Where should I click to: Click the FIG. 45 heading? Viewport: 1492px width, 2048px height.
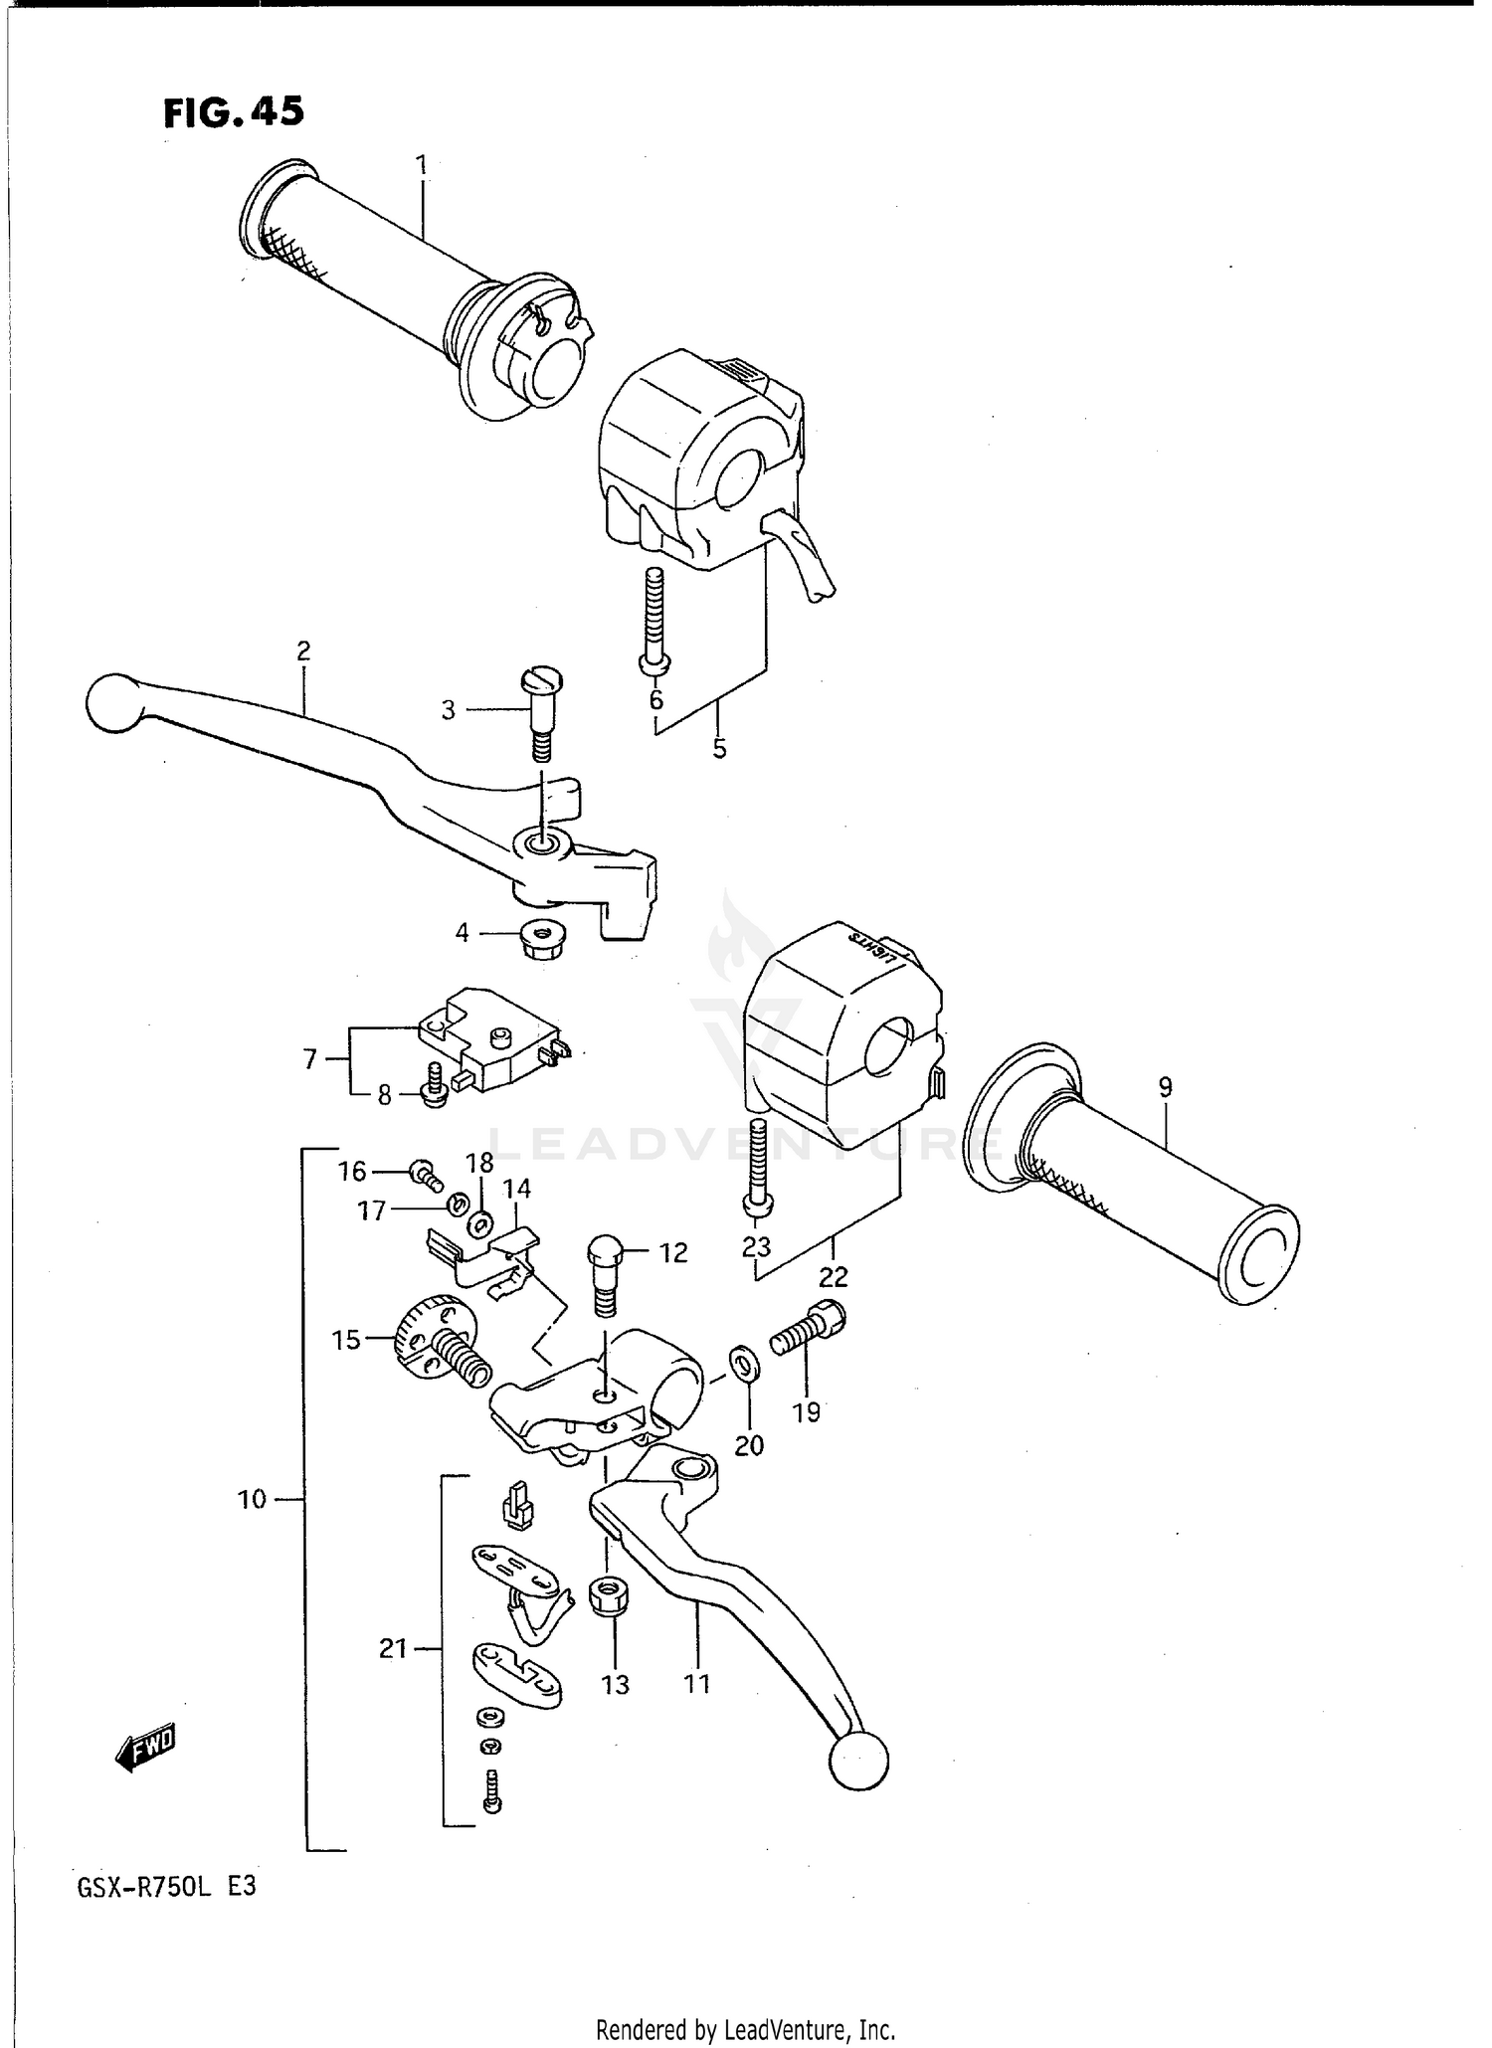coord(234,112)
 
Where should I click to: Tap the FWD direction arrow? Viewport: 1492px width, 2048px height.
coord(146,1748)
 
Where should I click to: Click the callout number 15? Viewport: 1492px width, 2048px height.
coord(346,1340)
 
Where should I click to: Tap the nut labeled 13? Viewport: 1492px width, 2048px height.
coord(607,1597)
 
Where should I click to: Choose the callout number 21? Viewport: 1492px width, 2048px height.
coord(393,1649)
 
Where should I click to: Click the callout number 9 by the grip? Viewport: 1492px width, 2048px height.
coord(1165,1087)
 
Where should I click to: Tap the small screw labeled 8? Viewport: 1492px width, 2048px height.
coord(435,1086)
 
